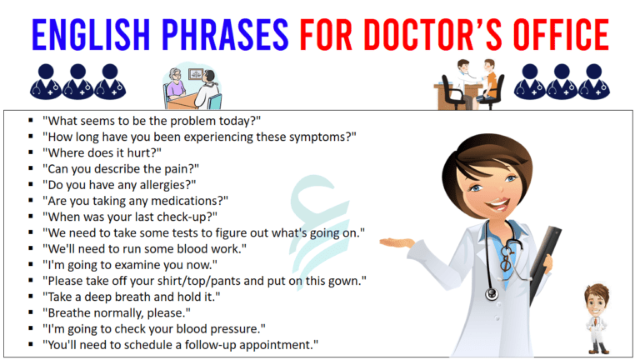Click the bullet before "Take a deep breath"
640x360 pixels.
(x=30, y=297)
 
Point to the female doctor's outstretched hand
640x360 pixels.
(x=397, y=243)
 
